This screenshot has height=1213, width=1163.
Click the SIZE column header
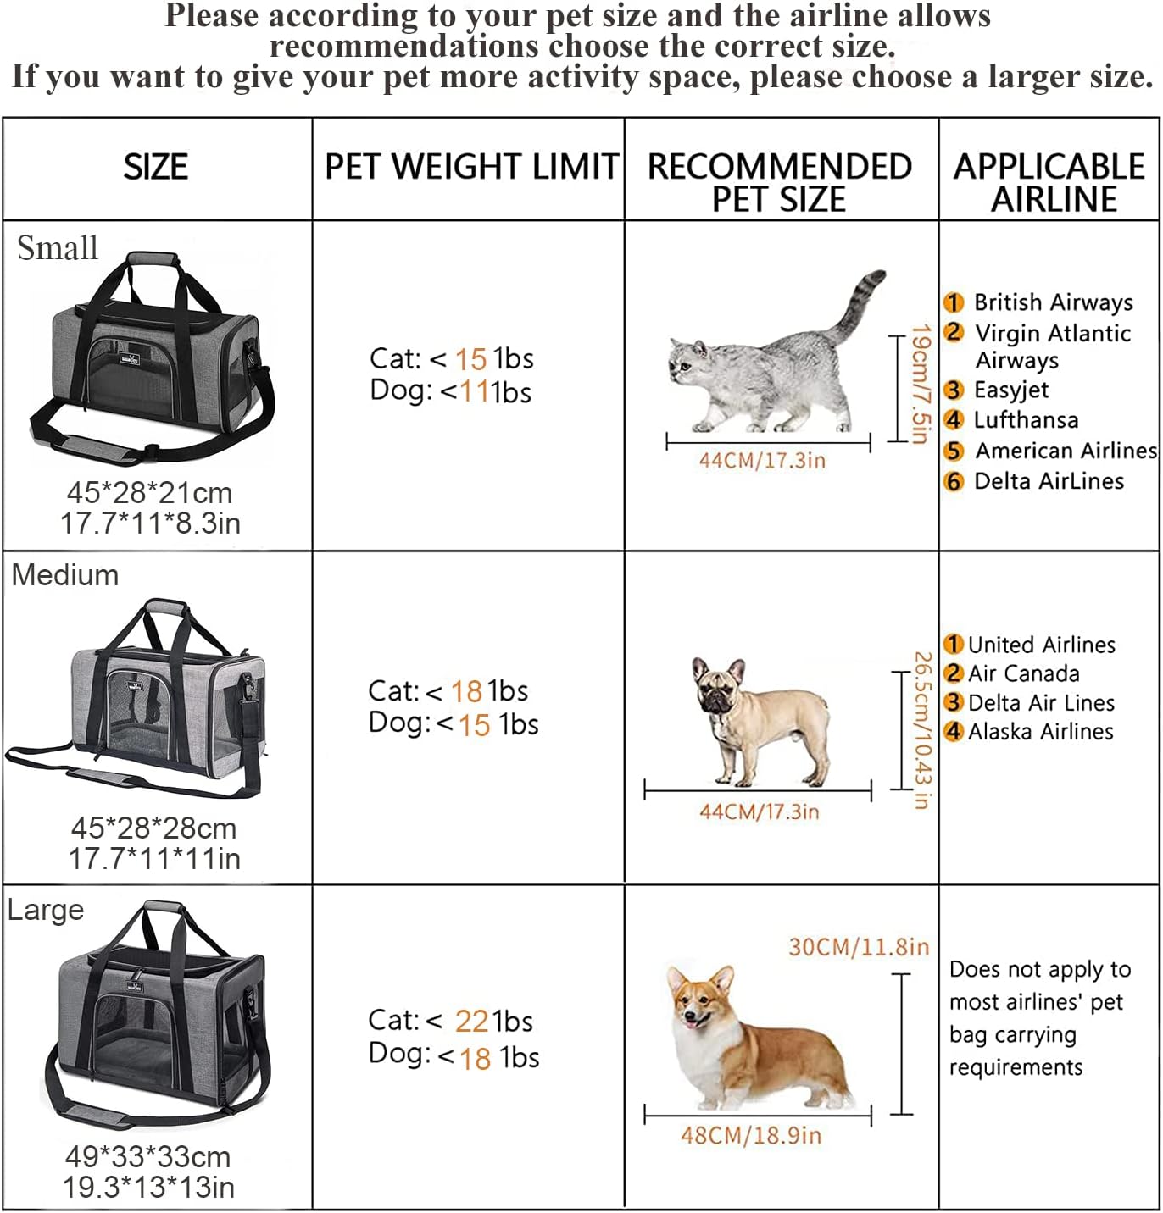click(x=155, y=167)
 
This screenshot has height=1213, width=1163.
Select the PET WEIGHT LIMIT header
click(x=471, y=166)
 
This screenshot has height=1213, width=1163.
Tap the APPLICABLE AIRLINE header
click(x=1049, y=183)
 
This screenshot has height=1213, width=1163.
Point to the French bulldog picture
click(x=760, y=721)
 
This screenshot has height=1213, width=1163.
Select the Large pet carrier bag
click(x=157, y=1015)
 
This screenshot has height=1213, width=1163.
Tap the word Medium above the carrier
click(x=65, y=574)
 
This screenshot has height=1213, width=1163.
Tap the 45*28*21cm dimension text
click(x=150, y=493)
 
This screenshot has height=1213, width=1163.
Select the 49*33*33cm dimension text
click(x=147, y=1157)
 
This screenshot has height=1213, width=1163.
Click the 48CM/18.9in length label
click(x=750, y=1135)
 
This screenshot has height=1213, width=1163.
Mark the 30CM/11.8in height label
click(x=859, y=947)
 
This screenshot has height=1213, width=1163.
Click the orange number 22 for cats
click(x=471, y=1021)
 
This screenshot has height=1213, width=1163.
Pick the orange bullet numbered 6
click(x=954, y=481)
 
